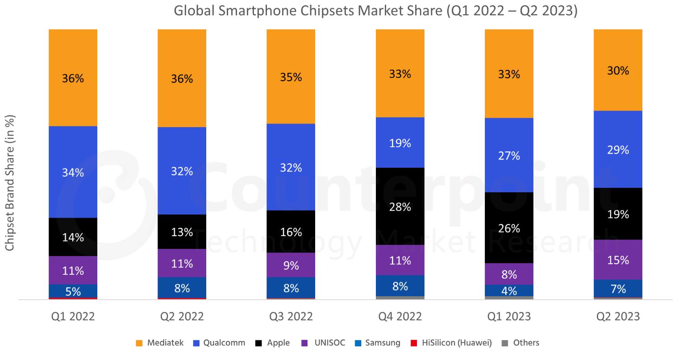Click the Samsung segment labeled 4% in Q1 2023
pyautogui.click(x=509, y=290)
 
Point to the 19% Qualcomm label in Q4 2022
pyautogui.click(x=400, y=143)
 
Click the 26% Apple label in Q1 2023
pyautogui.click(x=509, y=228)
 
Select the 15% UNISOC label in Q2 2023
pyautogui.click(x=618, y=260)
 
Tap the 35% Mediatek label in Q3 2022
pyautogui.click(x=291, y=77)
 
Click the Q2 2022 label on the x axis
pyautogui.click(x=182, y=317)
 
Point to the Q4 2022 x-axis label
pyautogui.click(x=400, y=317)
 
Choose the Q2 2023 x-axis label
pyautogui.click(x=618, y=317)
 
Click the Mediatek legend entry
pyautogui.click(x=159, y=343)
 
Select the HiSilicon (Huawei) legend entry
pyautogui.click(x=451, y=343)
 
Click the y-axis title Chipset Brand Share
pyautogui.click(x=10, y=183)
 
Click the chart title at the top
pyautogui.click(x=375, y=11)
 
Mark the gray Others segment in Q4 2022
pyautogui.click(x=400, y=298)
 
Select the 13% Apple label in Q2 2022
pyautogui.click(x=182, y=232)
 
